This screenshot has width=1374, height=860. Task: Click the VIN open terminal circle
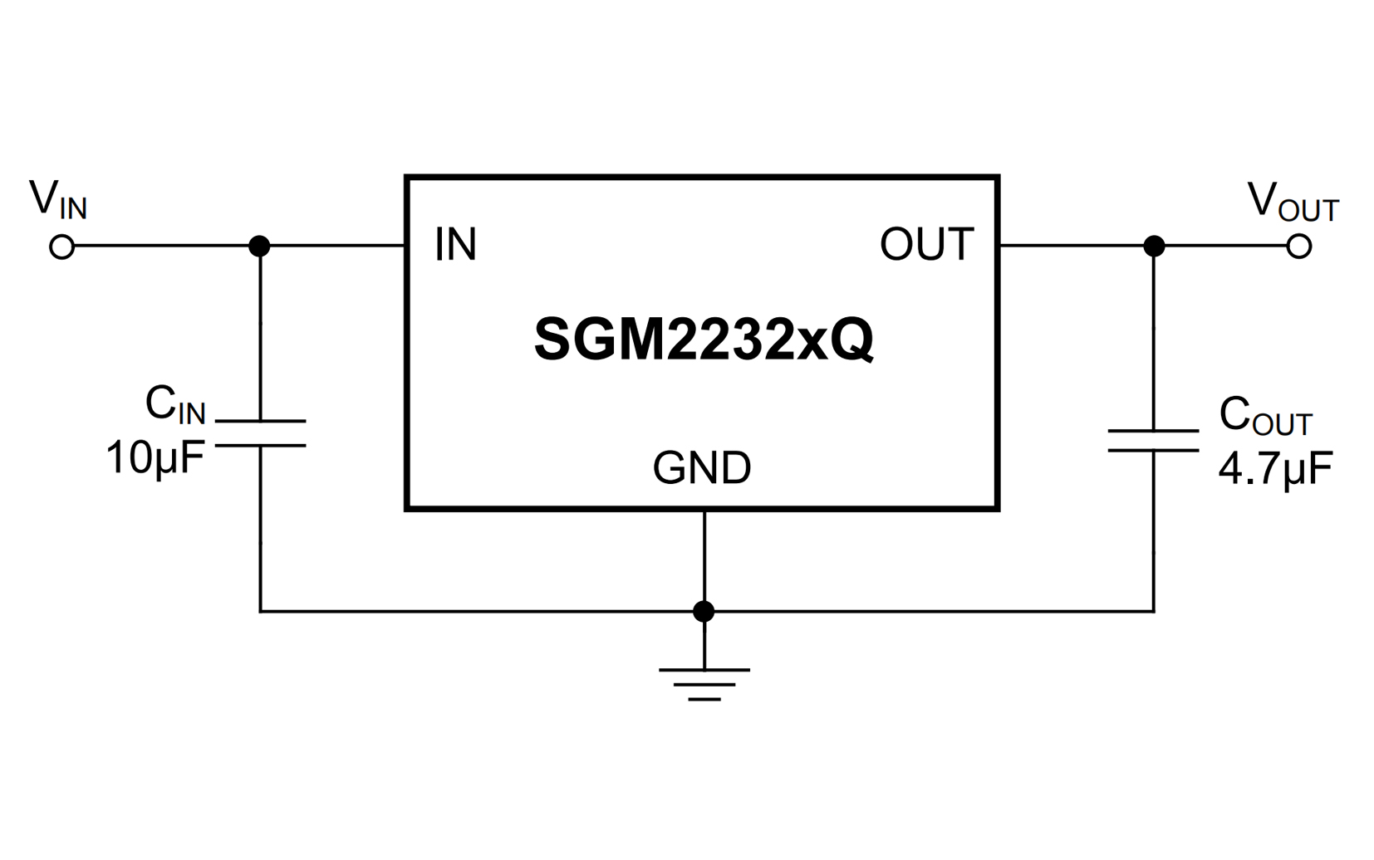coord(62,247)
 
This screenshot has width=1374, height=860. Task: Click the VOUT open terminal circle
coord(1299,247)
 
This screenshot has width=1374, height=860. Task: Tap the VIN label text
coord(57,200)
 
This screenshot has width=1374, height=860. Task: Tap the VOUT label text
coord(1293,202)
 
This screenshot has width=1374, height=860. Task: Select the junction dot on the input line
coord(260,247)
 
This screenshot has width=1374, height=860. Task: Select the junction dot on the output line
coord(1154,247)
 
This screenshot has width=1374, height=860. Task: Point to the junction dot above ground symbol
coord(704,612)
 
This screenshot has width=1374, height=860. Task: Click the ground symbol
coord(704,683)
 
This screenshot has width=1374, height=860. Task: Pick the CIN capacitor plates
coord(260,433)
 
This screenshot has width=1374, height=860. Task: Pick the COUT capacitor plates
coord(1154,441)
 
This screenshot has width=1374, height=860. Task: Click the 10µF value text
coord(155,457)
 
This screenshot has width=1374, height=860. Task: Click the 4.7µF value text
coord(1275,468)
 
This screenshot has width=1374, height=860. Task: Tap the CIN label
coord(174,405)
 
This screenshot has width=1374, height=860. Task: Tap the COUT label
coord(1264,415)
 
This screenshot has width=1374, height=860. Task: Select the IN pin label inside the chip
coord(455,245)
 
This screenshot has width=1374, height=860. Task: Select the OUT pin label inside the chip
coord(926,245)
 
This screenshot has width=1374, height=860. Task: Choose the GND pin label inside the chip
coord(702,468)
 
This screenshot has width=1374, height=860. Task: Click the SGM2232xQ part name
coord(703,339)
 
